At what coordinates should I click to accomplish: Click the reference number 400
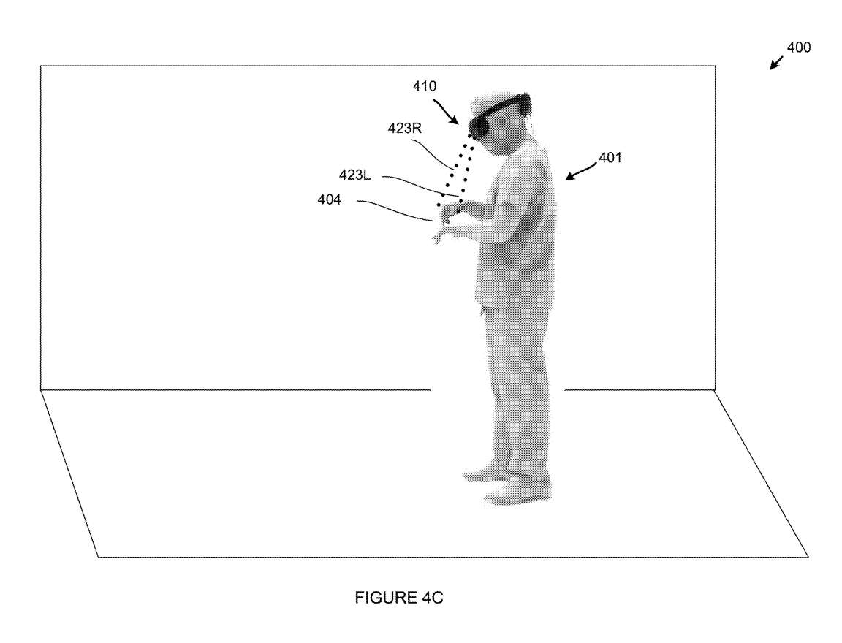[x=798, y=47]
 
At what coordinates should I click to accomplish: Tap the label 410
[x=424, y=86]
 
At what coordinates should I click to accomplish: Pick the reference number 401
[x=610, y=156]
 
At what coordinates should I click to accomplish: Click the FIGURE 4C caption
[x=399, y=598]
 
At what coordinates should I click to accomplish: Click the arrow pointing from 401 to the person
[x=581, y=172]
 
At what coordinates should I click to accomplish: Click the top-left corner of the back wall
[x=41, y=66]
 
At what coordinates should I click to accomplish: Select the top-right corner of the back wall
[x=713, y=66]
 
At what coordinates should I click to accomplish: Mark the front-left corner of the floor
[x=99, y=557]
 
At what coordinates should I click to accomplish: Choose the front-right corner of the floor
[x=808, y=557]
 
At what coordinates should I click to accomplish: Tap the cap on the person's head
[x=500, y=101]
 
